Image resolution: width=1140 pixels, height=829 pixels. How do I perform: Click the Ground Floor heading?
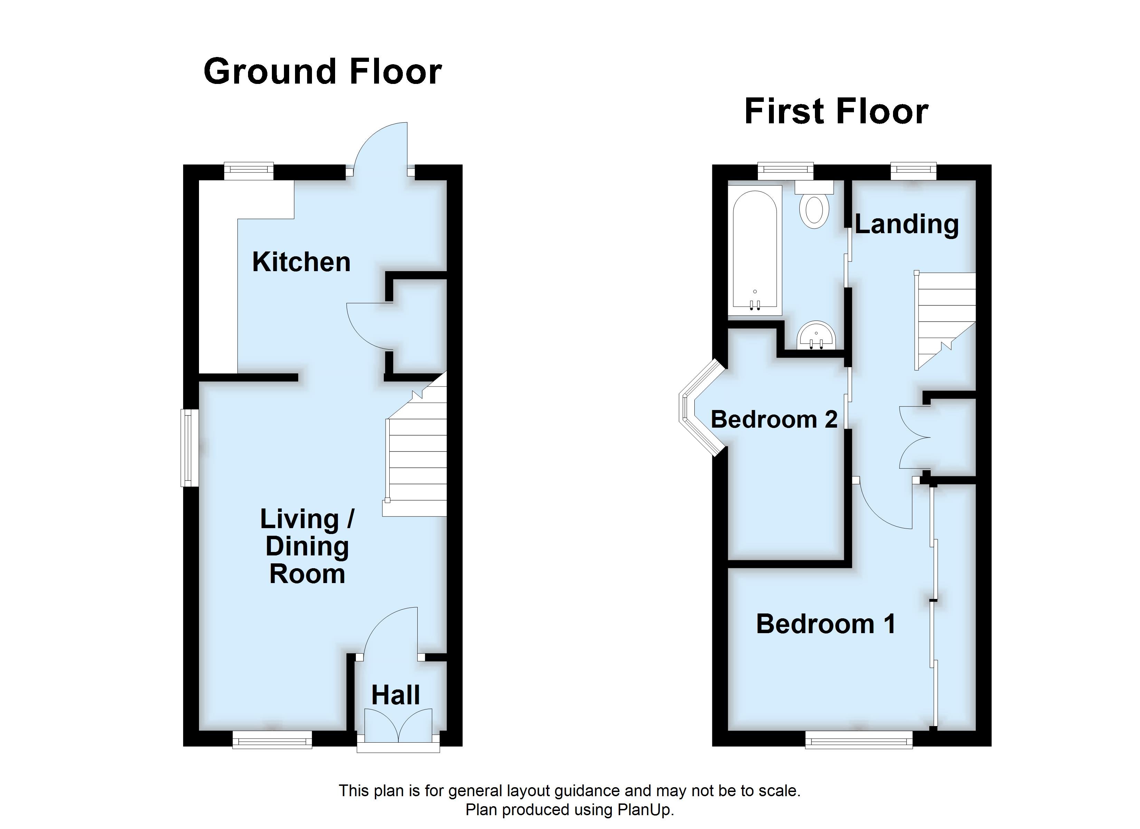click(323, 72)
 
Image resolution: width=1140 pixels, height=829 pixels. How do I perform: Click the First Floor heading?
click(836, 112)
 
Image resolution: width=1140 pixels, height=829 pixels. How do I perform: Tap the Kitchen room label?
click(301, 262)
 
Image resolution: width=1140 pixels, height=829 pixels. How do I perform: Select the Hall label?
click(396, 695)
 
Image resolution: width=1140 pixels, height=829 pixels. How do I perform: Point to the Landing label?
click(906, 224)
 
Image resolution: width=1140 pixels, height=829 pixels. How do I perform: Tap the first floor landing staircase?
click(945, 317)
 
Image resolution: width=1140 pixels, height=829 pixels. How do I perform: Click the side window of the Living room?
click(189, 447)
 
